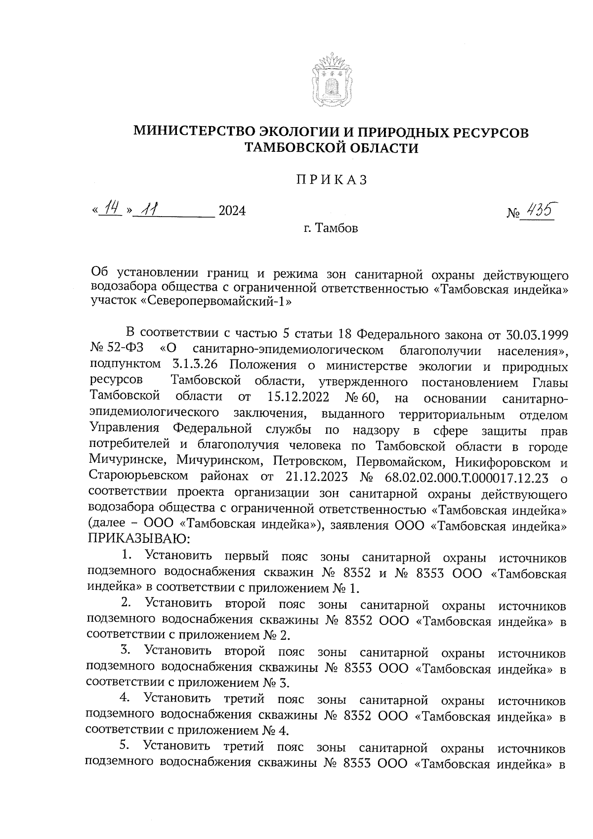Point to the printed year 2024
(x=232, y=212)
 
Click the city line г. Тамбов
(x=331, y=228)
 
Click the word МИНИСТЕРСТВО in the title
(x=194, y=132)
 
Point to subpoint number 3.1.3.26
(x=195, y=366)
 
